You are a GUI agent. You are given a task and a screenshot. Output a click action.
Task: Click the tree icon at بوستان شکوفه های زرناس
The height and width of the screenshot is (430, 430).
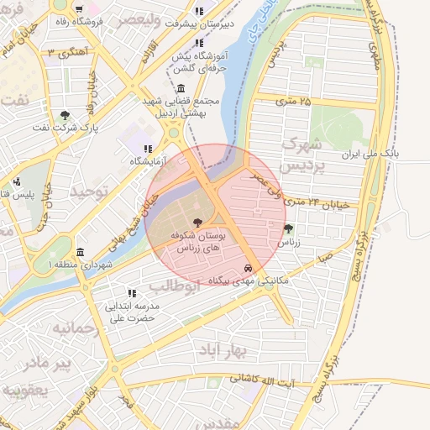pos(197,223)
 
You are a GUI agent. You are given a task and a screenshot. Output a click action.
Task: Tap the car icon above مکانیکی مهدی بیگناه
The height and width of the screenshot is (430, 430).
pos(247,268)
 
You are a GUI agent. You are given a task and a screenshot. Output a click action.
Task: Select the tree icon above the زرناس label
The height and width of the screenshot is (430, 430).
pos(289,228)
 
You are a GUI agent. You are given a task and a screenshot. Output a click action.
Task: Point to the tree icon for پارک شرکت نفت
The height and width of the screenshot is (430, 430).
pos(66,115)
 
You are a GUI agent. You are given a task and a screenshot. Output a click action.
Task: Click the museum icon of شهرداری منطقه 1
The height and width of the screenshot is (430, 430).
pos(80,252)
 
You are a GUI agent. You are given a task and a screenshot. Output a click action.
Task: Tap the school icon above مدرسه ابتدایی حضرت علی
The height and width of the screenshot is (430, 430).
pos(131,293)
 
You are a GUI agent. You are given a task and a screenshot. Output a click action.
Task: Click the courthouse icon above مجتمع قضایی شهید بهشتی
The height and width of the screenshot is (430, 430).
pos(182,88)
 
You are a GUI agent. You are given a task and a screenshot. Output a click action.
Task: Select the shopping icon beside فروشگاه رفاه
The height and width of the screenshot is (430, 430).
pos(78,11)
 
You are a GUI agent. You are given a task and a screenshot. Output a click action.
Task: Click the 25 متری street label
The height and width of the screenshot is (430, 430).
pos(293,102)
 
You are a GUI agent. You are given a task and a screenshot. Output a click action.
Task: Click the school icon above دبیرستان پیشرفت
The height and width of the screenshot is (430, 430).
pos(199,12)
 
